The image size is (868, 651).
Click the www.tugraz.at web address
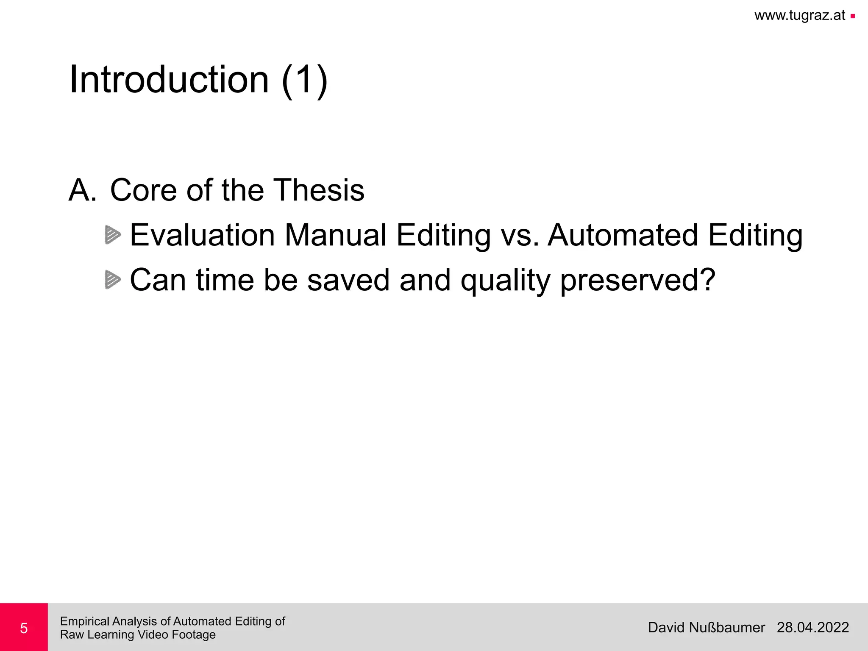[800, 16]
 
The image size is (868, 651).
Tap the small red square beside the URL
[852, 17]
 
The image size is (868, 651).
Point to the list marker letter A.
[82, 190]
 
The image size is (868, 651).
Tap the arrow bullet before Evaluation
[112, 235]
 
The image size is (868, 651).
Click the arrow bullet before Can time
[112, 280]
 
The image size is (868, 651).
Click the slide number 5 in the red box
[24, 628]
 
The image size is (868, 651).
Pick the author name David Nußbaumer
[706, 627]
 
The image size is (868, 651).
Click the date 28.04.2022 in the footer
[812, 627]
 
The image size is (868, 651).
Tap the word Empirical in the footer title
[85, 621]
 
